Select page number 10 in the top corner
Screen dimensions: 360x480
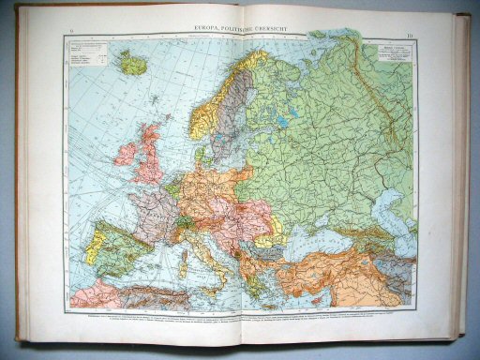pos(410,37)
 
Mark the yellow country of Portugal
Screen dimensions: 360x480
pos(92,248)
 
